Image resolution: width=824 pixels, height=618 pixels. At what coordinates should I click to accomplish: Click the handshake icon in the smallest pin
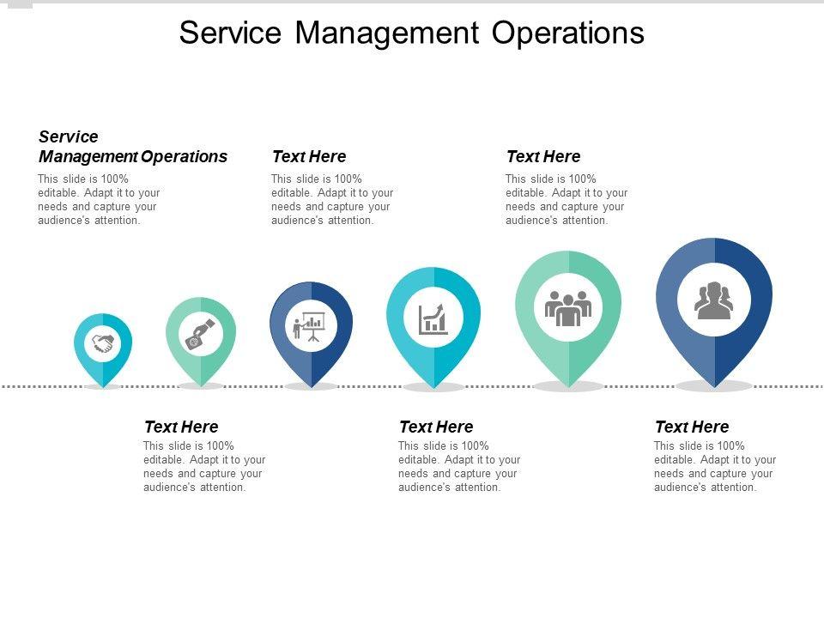point(103,344)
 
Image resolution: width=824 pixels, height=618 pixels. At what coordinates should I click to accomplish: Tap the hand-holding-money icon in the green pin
point(200,334)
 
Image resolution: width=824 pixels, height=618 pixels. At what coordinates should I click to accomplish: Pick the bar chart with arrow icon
point(433,318)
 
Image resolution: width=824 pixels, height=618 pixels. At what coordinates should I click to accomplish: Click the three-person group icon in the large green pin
point(568,307)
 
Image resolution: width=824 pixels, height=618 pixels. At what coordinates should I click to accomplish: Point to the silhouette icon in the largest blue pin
point(714,301)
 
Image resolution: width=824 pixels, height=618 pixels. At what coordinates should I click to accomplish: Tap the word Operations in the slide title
point(568,33)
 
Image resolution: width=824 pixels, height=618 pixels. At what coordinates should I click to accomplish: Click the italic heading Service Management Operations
point(133,147)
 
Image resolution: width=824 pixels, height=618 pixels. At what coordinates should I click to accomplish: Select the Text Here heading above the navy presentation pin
point(309,156)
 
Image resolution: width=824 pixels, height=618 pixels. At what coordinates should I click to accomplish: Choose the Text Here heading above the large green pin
point(543,156)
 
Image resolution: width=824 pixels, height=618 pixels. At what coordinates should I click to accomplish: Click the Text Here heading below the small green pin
point(181,427)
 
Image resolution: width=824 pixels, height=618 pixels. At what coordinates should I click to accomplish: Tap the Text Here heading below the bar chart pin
point(436,427)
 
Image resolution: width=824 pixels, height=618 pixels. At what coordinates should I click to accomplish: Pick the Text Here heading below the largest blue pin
point(692,427)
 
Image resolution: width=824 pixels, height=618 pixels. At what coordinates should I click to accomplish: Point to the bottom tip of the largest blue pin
point(714,385)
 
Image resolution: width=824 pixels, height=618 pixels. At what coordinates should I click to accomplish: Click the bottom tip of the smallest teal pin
point(103,386)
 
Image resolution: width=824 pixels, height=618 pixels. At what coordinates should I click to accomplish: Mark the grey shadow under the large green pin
point(568,387)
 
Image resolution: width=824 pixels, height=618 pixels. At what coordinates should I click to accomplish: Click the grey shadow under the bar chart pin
point(433,388)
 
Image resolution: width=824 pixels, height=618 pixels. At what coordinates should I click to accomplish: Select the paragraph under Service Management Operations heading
point(100,199)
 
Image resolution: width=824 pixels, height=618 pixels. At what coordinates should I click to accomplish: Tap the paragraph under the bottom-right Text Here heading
point(715,466)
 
